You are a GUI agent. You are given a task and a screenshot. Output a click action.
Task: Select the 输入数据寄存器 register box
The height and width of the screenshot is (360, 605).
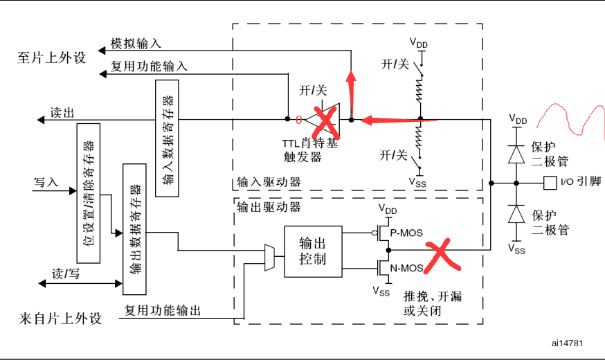click(168, 138)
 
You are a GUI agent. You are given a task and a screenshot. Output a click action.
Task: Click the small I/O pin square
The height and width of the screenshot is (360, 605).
click(550, 183)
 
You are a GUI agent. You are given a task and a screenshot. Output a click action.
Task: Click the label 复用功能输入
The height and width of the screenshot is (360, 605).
click(149, 67)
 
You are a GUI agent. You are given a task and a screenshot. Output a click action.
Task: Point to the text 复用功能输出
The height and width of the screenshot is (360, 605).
click(163, 311)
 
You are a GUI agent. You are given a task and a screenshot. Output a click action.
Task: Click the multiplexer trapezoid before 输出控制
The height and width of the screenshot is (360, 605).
click(269, 257)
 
